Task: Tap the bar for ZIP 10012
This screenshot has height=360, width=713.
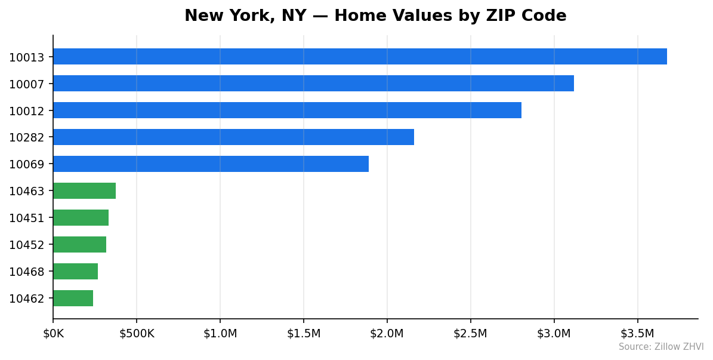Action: point(287,110)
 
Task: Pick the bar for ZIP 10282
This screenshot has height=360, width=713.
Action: point(233,137)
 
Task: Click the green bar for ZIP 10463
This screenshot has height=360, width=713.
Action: point(84,191)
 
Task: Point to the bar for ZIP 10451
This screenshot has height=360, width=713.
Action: point(81,218)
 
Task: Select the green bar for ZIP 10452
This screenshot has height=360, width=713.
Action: point(79,245)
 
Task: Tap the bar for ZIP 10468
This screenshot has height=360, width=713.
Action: point(75,272)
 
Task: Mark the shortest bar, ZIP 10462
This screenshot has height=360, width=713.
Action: point(73,299)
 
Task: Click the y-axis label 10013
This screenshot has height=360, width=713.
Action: point(27,57)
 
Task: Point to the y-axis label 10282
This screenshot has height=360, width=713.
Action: point(27,138)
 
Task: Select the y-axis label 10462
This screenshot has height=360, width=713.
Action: point(27,299)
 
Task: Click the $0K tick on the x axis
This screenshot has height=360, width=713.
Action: point(53,333)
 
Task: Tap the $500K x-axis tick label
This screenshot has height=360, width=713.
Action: point(137,333)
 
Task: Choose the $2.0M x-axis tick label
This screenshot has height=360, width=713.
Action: point(387,333)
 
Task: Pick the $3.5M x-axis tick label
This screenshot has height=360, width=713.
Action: point(637,333)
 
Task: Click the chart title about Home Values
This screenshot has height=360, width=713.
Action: point(375,16)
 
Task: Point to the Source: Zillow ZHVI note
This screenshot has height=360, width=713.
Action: point(661,347)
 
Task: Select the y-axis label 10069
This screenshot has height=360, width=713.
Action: point(27,164)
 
